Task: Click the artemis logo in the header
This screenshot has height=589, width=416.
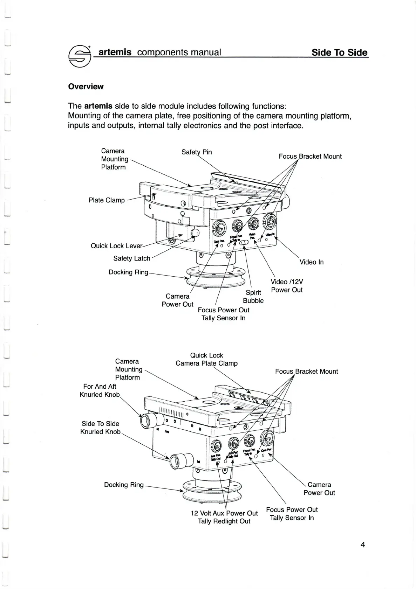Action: point(80,56)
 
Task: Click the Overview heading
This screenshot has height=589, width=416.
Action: point(86,86)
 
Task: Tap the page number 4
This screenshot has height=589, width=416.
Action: point(363,545)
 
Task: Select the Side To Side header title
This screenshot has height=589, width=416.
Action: point(339,53)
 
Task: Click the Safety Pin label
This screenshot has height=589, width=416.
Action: point(197,152)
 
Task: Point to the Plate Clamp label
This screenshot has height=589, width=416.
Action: point(107,200)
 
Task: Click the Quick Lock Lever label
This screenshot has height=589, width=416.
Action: point(116,246)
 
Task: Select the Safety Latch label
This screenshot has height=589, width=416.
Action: point(132,258)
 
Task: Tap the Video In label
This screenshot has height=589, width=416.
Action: point(311,262)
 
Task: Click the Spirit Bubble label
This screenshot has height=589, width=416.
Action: point(253,297)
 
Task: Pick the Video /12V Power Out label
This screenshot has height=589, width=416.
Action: point(287,286)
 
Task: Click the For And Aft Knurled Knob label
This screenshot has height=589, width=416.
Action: point(100,390)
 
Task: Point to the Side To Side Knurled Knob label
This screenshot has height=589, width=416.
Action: point(100,428)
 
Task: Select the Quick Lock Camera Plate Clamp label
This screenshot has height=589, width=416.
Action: point(206,359)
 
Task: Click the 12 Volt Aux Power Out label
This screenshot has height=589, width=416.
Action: point(224,513)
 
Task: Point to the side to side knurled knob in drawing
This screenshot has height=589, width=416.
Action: point(181,461)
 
